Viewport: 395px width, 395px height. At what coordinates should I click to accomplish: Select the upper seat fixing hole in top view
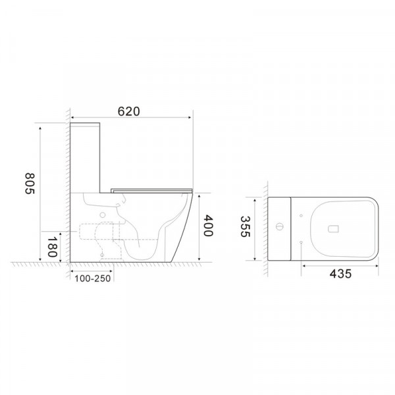(301, 214)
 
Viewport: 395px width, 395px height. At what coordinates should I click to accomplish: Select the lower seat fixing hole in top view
(301, 244)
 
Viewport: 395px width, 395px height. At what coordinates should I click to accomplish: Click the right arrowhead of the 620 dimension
(190, 118)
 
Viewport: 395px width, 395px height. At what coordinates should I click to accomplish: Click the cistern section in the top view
(279, 228)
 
